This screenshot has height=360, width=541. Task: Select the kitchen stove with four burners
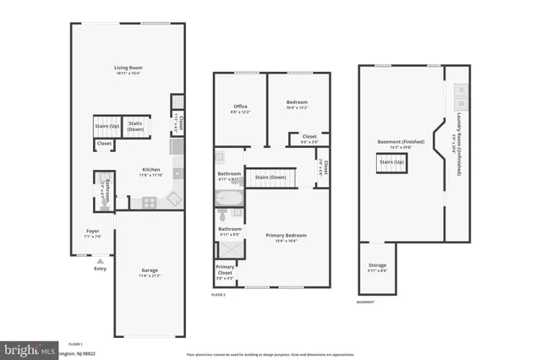149,202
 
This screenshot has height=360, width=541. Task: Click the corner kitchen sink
173,199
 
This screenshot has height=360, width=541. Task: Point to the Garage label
149,270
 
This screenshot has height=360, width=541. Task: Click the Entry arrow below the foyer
101,262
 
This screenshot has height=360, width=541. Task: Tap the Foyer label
93,231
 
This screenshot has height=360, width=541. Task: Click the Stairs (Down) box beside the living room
135,126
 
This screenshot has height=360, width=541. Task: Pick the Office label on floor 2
240,106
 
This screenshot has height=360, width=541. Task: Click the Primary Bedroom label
286,235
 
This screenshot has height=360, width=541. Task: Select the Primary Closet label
225,270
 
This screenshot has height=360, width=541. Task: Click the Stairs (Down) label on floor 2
270,177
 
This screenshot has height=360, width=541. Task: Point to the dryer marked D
462,89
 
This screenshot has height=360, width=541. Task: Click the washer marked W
462,104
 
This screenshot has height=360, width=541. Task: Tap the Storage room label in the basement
377,266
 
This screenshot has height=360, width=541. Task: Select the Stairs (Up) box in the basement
391,162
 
